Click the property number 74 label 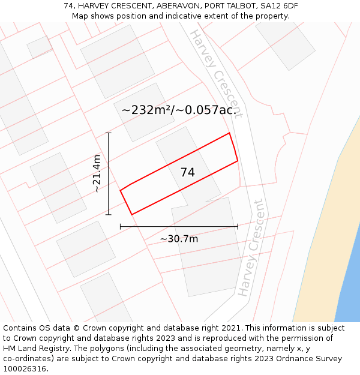point(187,172)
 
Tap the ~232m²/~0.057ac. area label point(179,110)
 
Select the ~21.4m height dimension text point(97,173)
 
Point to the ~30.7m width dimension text point(179,239)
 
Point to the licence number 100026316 point(25,369)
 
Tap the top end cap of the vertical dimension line point(109,133)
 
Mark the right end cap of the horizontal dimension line point(238,226)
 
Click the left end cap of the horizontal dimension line point(121,226)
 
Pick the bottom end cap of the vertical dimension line point(109,214)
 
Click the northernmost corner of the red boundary point(229,133)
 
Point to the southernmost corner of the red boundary point(131,214)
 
